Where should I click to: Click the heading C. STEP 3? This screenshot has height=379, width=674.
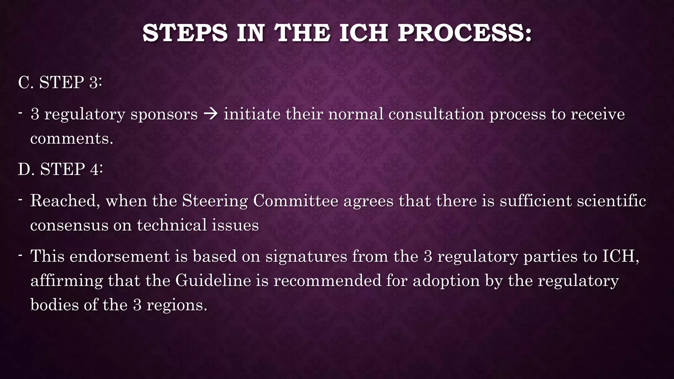click(x=60, y=82)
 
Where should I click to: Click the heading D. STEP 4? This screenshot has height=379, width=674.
click(x=60, y=169)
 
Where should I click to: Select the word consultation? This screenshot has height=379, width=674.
click(x=436, y=114)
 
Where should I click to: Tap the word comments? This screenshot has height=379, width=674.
click(x=71, y=139)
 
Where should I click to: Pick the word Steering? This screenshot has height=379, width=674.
click(x=215, y=201)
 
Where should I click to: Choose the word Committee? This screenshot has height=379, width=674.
click(x=295, y=201)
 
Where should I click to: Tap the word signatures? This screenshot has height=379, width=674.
click(x=306, y=256)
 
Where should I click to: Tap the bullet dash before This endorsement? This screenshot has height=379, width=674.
click(x=20, y=255)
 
